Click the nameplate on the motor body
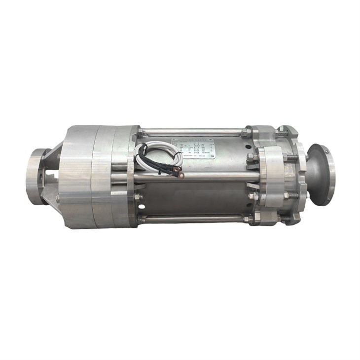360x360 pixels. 193,147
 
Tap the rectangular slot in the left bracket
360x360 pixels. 50,174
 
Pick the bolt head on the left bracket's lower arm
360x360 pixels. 58,198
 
